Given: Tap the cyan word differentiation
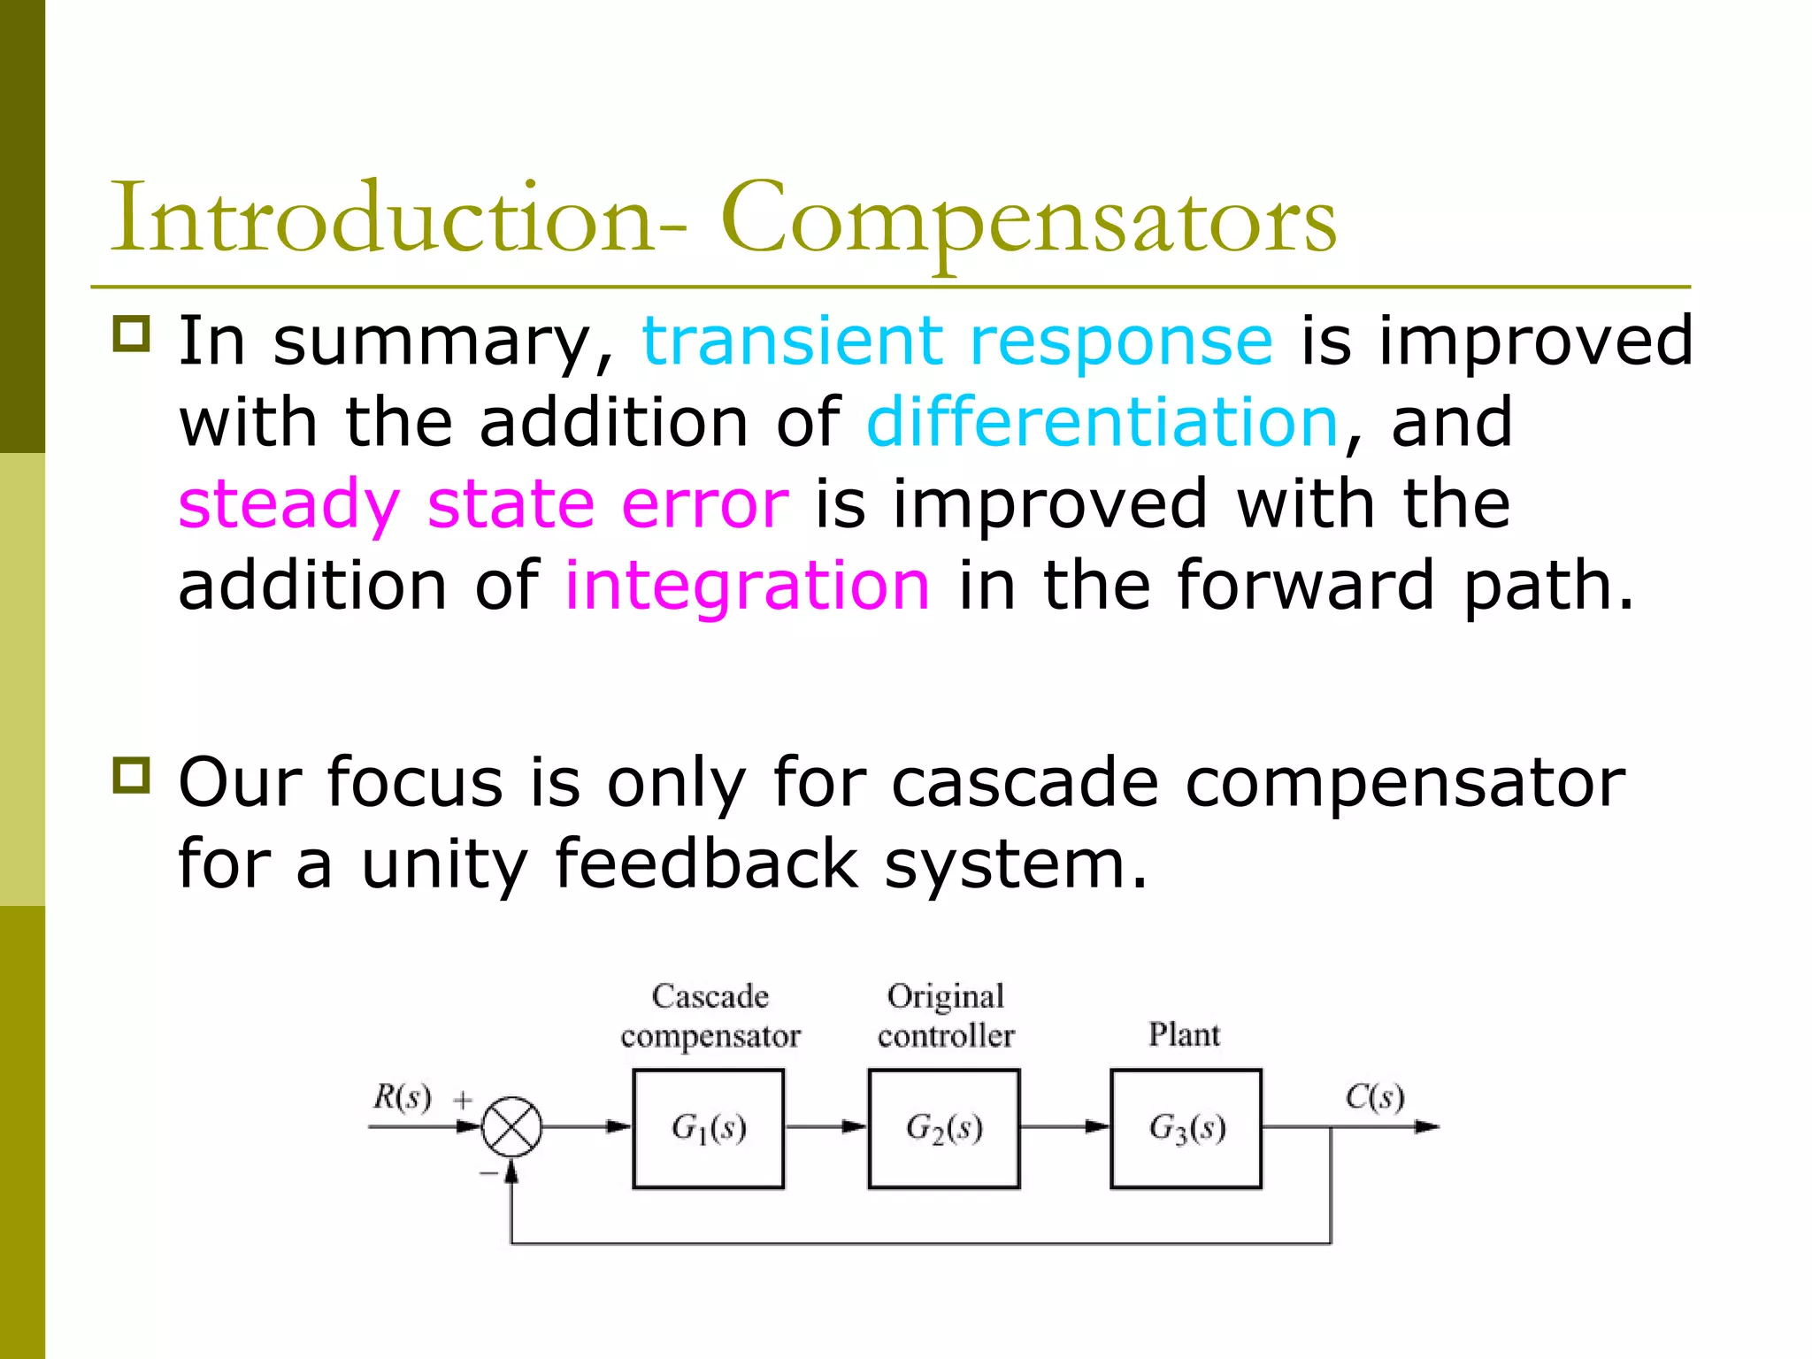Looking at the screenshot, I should (1102, 422).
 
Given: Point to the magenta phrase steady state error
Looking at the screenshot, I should (483, 504).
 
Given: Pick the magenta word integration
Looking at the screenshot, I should (748, 586).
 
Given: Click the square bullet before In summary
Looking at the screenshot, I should (132, 334).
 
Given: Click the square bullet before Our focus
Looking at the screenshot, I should (132, 776).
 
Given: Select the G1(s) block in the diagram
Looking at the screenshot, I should (708, 1128).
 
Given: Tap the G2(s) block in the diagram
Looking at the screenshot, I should (944, 1128).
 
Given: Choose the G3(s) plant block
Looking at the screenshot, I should (1186, 1128).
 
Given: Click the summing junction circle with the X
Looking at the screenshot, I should (511, 1127).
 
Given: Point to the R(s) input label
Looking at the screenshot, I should (402, 1097).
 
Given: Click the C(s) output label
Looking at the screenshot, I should (1374, 1097).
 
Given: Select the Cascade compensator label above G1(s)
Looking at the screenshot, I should (710, 1016).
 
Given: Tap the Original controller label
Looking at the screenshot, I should (946, 1016).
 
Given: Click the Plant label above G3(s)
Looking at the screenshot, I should (1184, 1034).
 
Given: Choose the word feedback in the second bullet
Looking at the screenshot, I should (706, 864).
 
